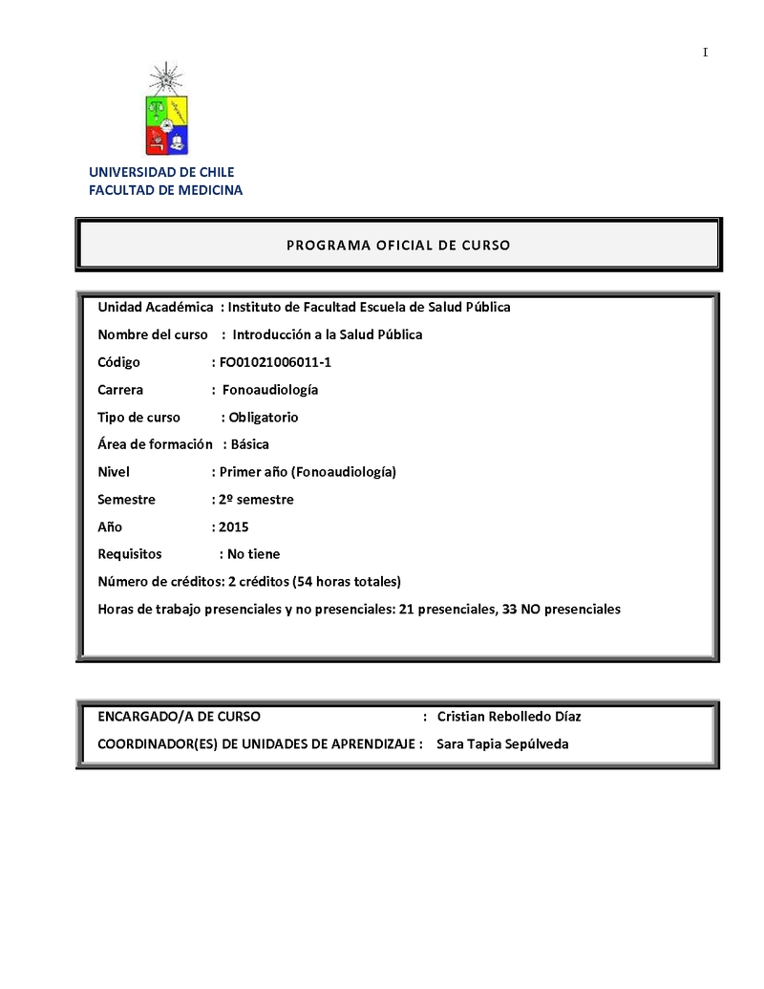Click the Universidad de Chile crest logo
(x=167, y=111)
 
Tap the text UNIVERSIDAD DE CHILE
(x=161, y=172)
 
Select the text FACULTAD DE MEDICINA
(x=165, y=190)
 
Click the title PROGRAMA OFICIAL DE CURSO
(x=398, y=245)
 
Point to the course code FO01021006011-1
(x=275, y=362)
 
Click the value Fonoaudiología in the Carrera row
(x=270, y=390)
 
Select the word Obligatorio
(x=264, y=418)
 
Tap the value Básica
(x=250, y=444)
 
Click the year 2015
(x=233, y=527)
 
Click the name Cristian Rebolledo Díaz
(x=508, y=717)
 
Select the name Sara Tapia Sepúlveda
(x=502, y=744)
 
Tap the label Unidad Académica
(x=156, y=307)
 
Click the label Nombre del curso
(x=153, y=334)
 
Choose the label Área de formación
(x=155, y=444)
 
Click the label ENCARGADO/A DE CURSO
(x=179, y=717)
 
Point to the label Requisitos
(x=130, y=554)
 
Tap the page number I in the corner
(x=705, y=53)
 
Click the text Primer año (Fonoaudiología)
(x=308, y=472)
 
